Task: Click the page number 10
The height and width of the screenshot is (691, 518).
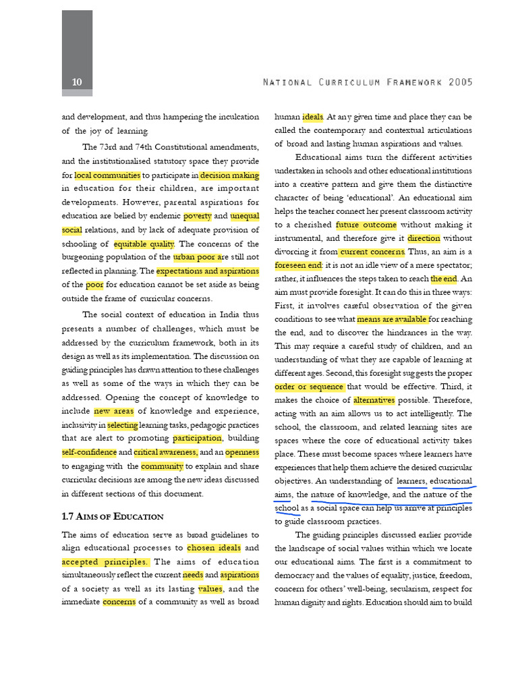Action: click(x=77, y=82)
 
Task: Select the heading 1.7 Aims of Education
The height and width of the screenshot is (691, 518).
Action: click(x=113, y=516)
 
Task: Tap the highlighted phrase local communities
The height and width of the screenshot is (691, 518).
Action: click(x=108, y=175)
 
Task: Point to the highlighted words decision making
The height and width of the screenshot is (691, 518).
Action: click(x=229, y=175)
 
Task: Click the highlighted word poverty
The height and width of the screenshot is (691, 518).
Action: click(x=198, y=217)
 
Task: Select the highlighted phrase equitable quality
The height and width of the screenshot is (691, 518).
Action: click(x=144, y=244)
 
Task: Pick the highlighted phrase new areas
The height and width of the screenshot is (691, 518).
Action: click(x=114, y=411)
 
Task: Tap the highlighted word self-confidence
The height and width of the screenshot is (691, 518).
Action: click(x=89, y=452)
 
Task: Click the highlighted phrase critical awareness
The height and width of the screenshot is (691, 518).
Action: click(x=165, y=452)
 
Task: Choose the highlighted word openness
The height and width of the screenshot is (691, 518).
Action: click(x=241, y=452)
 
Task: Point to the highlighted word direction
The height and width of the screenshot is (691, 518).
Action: click(x=424, y=238)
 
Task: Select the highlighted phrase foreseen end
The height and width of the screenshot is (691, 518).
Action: click(x=299, y=265)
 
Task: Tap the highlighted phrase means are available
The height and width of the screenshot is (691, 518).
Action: click(x=392, y=319)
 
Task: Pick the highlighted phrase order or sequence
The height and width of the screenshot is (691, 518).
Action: click(x=310, y=387)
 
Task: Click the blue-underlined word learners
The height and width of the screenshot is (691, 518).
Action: click(x=411, y=481)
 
